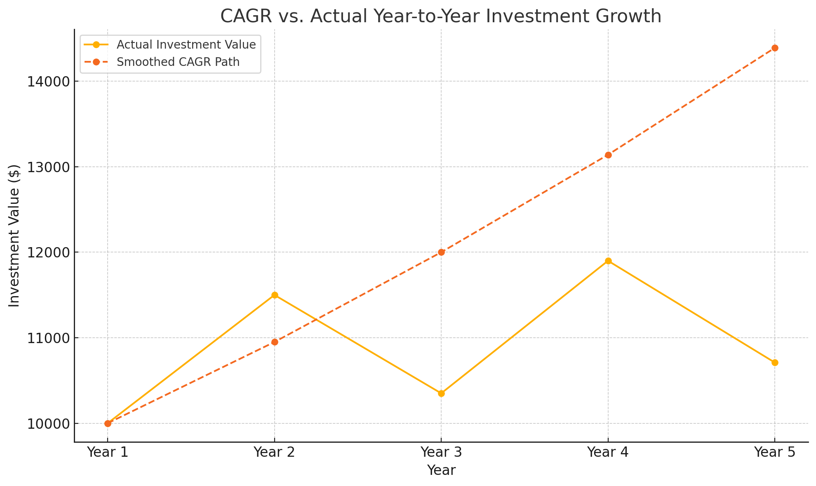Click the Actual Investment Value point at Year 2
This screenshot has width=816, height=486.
point(275,295)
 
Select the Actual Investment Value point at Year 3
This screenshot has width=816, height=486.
point(441,393)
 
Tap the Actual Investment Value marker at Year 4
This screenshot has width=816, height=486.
point(608,261)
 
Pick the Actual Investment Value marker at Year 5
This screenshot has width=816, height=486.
point(775,362)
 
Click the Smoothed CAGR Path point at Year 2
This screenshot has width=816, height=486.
point(275,342)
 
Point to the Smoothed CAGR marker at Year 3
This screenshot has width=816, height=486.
point(441,252)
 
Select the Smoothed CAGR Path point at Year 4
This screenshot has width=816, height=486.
point(608,155)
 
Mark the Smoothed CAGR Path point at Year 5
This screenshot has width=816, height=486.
point(775,48)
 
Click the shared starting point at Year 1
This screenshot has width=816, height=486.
point(108,423)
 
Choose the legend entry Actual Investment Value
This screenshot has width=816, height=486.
point(186,44)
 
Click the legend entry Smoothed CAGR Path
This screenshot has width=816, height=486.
point(178,62)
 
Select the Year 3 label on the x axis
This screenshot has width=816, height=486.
point(441,452)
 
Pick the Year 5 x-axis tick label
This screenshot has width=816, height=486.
point(775,452)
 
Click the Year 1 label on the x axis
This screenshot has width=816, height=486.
point(108,452)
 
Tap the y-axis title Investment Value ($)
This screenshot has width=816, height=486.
point(14,236)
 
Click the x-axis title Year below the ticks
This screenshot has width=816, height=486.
point(441,470)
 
